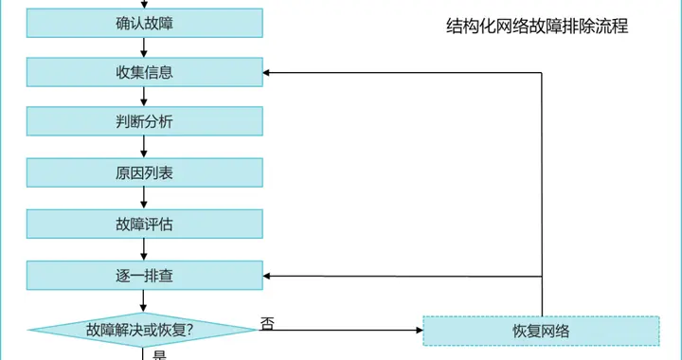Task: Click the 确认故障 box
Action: (143, 22)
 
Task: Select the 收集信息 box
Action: (143, 72)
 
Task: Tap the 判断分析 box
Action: (143, 122)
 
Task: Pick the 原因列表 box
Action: (143, 173)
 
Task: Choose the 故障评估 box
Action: (143, 225)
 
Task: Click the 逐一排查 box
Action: (143, 276)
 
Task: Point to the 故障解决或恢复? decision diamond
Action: (143, 330)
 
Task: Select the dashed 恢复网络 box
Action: (541, 331)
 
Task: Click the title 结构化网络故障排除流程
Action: (537, 27)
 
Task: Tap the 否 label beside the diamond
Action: (268, 323)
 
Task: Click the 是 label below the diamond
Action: (159, 355)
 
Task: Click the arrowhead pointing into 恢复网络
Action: (418, 331)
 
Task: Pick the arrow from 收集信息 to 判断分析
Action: (143, 98)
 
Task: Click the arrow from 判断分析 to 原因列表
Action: (143, 148)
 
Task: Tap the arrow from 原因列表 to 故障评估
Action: (143, 199)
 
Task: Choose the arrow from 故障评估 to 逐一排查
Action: (143, 250)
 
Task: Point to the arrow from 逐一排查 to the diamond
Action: (143, 301)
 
